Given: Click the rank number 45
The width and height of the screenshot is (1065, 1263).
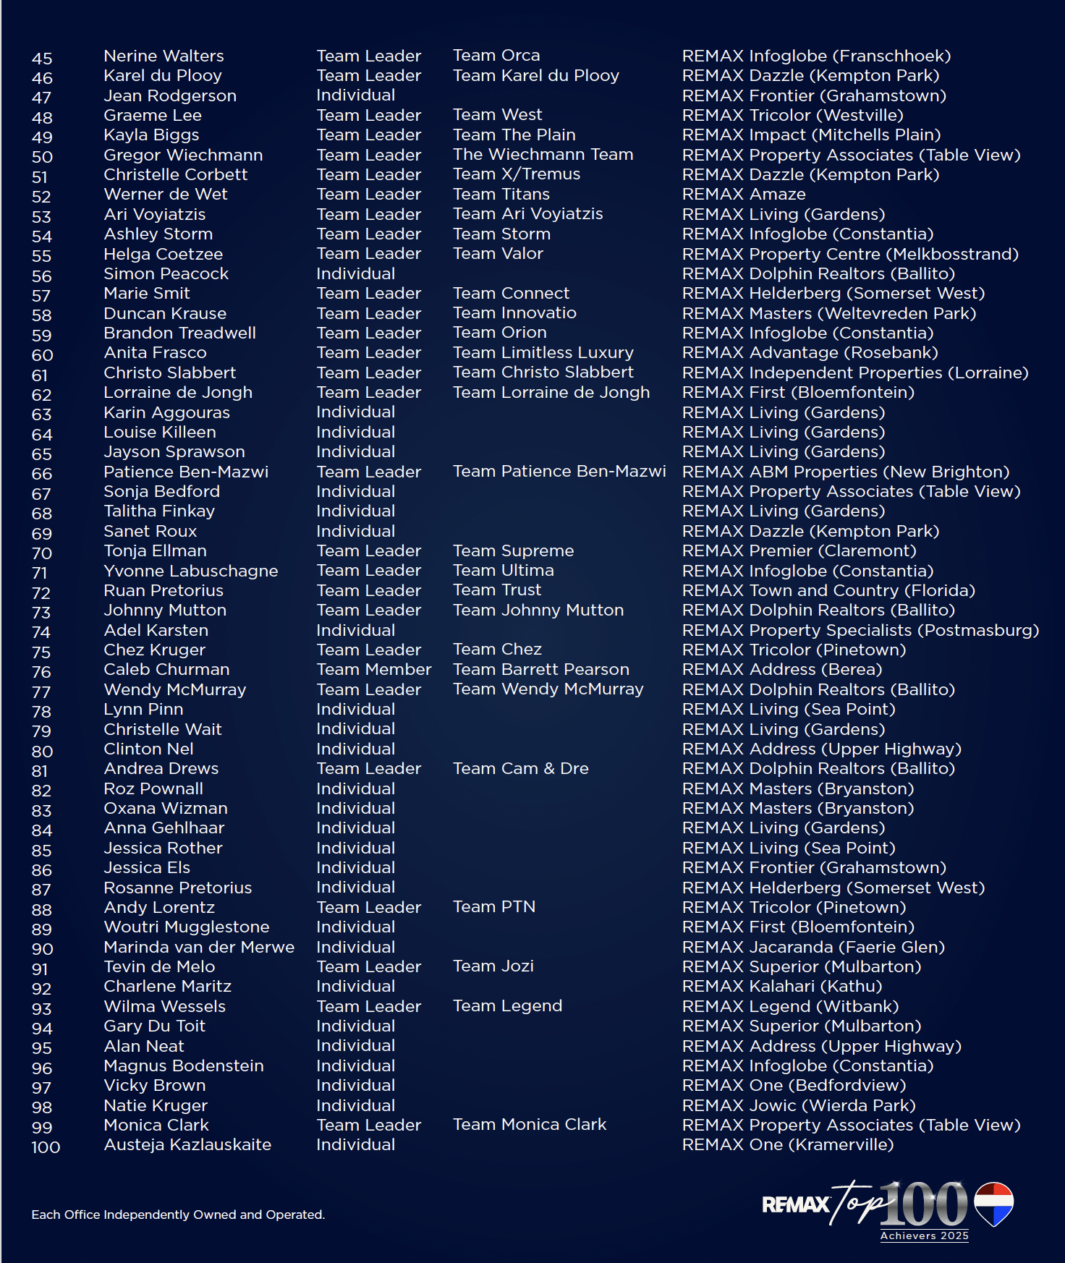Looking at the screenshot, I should tap(42, 59).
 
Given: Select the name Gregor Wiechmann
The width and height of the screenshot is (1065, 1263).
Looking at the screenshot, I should tap(183, 155).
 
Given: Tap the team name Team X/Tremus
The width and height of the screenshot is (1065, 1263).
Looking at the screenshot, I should tap(517, 174).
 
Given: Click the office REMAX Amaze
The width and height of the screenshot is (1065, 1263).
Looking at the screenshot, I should tap(744, 195).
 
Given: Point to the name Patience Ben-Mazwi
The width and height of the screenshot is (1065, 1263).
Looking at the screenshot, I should tap(186, 472).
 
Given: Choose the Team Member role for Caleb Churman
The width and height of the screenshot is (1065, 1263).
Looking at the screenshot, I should tap(373, 669).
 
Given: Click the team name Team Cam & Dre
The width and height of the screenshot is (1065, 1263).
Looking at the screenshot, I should tap(521, 768).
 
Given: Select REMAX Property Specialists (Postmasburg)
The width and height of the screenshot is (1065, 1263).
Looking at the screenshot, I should tap(860, 630).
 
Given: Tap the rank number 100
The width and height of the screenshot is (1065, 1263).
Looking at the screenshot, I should tap(46, 1147).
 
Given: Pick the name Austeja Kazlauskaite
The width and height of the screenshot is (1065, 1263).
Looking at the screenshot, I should tap(187, 1144).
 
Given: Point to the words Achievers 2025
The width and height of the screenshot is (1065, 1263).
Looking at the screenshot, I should tap(924, 1236).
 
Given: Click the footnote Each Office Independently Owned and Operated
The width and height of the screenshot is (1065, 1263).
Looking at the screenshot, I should tap(178, 1215).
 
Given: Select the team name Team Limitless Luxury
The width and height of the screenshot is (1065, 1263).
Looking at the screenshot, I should tap(543, 352).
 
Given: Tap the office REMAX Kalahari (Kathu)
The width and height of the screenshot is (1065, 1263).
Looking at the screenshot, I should tap(782, 986).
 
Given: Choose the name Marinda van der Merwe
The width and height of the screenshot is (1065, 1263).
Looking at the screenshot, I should tap(199, 947).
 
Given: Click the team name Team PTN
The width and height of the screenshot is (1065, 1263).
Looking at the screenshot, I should tap(494, 906).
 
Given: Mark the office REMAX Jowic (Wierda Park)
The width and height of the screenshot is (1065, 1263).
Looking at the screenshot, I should tap(799, 1105).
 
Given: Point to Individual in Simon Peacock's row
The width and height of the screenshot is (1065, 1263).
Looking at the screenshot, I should tap(355, 273).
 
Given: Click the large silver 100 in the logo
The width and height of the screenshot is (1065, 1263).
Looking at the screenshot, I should tap(924, 1204).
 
